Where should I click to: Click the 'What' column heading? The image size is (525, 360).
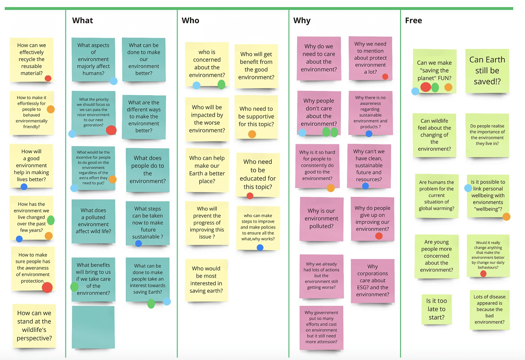pyautogui.click(x=82, y=20)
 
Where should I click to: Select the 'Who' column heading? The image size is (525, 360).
pyautogui.click(x=190, y=20)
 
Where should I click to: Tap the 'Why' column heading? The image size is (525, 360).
pyautogui.click(x=302, y=21)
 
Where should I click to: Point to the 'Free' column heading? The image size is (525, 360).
pyautogui.click(x=413, y=20)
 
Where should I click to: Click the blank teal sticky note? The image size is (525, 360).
pyautogui.click(x=93, y=327)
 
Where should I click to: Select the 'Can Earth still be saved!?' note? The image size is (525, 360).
pyautogui.click(x=487, y=71)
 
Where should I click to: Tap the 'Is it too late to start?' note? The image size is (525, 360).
pyautogui.click(x=437, y=309)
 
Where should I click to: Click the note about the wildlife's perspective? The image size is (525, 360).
pyautogui.click(x=34, y=326)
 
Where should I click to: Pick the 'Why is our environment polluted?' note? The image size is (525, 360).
pyautogui.click(x=321, y=219)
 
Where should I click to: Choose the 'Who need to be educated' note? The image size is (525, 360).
pyautogui.click(x=258, y=174)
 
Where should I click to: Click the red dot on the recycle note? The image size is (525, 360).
pyautogui.click(x=48, y=78)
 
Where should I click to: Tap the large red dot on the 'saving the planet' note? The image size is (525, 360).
pyautogui.click(x=426, y=87)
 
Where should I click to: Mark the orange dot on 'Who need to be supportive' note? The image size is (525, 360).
pyautogui.click(x=252, y=134)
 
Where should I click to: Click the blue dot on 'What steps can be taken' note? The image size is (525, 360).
pyautogui.click(x=138, y=243)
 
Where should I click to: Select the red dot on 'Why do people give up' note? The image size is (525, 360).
pyautogui.click(x=379, y=236)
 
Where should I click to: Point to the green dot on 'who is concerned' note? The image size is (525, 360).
pyautogui.click(x=221, y=85)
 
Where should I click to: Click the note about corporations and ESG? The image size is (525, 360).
pyautogui.click(x=372, y=280)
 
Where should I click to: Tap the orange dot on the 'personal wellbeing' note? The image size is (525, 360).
pyautogui.click(x=506, y=217)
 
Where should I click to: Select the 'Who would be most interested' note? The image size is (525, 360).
pyautogui.click(x=206, y=280)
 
